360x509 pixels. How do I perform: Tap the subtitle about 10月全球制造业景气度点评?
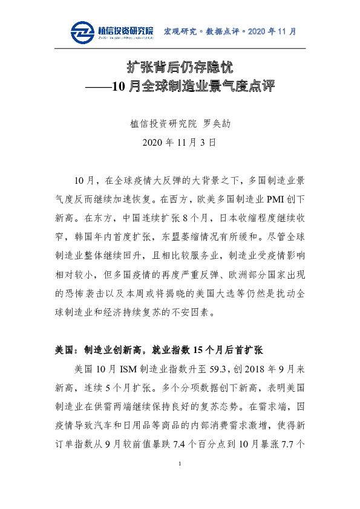[180, 86]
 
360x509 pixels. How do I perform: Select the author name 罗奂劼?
[218, 124]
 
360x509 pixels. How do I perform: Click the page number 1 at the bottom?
[180, 481]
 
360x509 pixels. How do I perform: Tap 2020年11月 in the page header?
[272, 31]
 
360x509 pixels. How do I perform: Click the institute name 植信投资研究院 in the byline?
[163, 124]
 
